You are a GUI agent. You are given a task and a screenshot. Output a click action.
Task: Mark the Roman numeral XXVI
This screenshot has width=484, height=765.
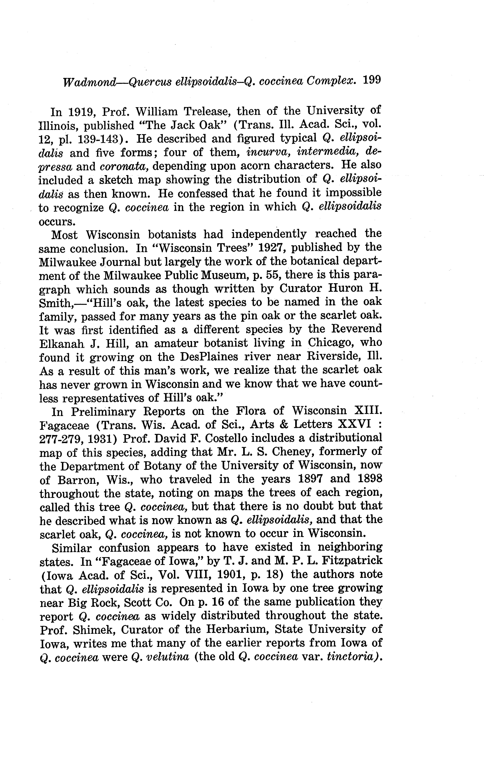click(x=355, y=424)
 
